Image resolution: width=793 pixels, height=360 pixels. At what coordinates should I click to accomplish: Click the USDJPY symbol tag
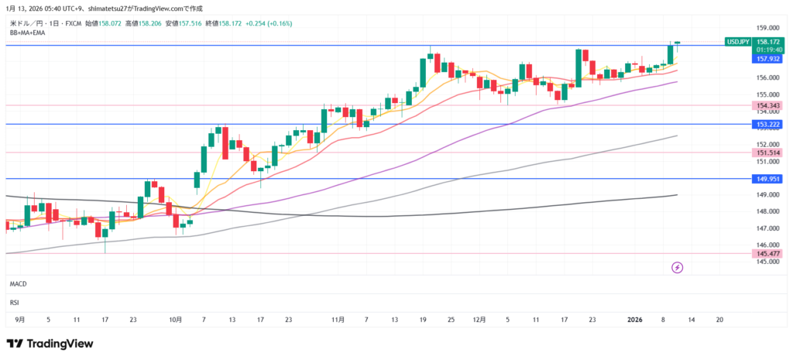(736, 41)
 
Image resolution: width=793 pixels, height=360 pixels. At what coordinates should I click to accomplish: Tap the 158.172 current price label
(767, 41)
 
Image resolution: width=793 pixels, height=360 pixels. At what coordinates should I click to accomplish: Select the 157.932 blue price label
(767, 59)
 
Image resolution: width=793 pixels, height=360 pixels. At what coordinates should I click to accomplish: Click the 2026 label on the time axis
(634, 319)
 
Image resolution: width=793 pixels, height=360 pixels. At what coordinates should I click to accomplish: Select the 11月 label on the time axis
(338, 319)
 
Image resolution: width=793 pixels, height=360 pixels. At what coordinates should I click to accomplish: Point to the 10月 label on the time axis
(176, 319)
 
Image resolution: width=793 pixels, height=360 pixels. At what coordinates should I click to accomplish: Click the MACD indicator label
(19, 284)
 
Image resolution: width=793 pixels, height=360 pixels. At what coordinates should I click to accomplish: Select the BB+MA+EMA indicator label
(28, 33)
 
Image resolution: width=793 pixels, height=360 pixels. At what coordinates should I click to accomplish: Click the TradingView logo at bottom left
(50, 343)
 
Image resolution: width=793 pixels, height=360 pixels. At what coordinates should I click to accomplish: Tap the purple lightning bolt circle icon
(678, 268)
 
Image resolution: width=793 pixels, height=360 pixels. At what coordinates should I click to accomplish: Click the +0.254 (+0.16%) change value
(269, 23)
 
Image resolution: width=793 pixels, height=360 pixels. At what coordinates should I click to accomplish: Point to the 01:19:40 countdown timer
(767, 50)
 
